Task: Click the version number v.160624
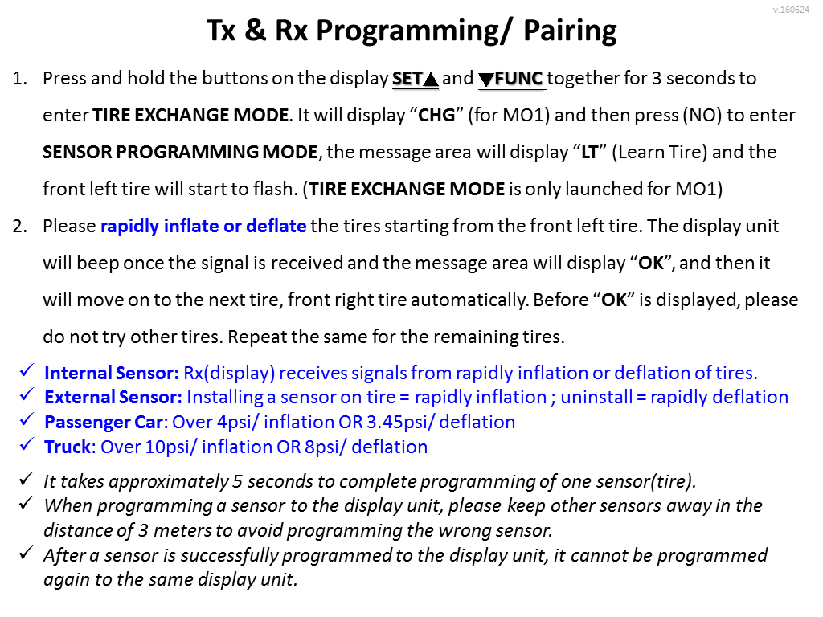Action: pos(791,10)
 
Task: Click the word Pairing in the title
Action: pos(570,31)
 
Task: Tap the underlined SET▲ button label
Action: pos(416,79)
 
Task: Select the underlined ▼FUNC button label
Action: pos(512,79)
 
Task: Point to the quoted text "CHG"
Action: pos(436,116)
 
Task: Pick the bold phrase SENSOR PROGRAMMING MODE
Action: pos(180,152)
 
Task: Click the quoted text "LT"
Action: pos(590,152)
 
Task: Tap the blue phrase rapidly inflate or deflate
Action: pos(203,226)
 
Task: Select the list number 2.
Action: pos(19,226)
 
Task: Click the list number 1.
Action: pos(19,79)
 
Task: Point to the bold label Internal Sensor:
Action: pos(111,373)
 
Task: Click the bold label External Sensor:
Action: pos(113,398)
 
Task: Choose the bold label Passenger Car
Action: pos(105,423)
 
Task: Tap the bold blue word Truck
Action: pos(68,447)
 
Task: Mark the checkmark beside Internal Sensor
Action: pos(27,370)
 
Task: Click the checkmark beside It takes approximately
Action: pos(27,479)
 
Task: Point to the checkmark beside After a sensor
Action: pos(27,553)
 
